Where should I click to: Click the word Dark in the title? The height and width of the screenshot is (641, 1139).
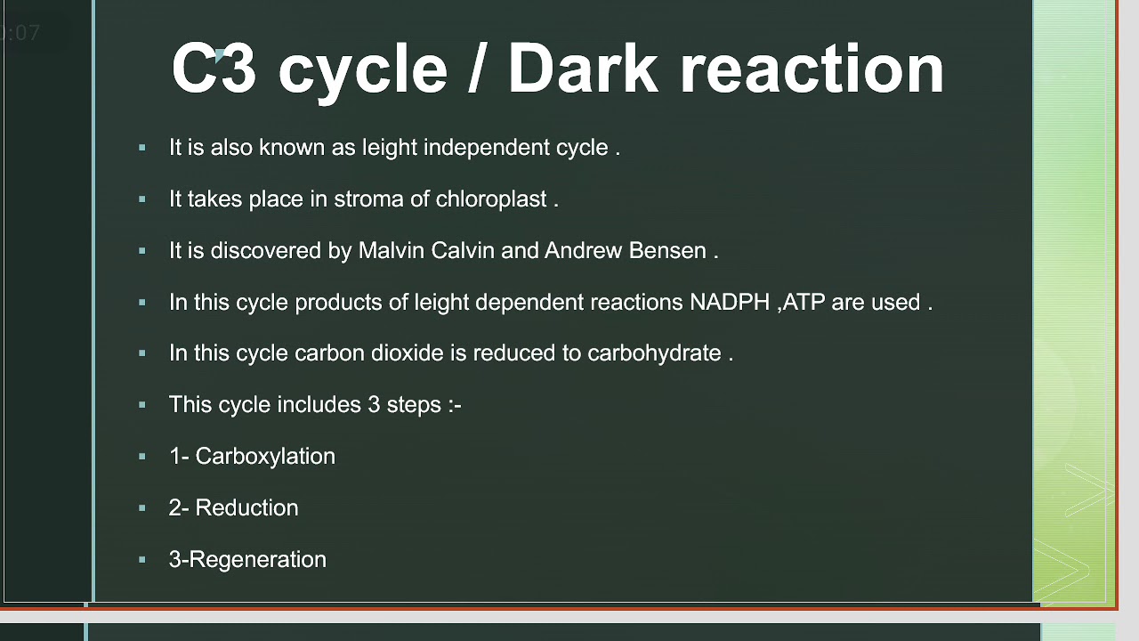pos(582,69)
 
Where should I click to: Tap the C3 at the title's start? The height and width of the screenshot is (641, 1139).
pos(214,69)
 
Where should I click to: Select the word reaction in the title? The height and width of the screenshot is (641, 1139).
pos(812,69)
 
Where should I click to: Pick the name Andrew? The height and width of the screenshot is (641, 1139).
pos(583,251)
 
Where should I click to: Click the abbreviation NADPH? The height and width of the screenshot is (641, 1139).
pos(730,303)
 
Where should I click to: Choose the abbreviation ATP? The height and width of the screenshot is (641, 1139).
pos(804,303)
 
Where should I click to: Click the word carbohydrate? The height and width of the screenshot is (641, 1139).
pos(654,353)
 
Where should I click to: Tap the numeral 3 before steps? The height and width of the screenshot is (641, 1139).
pos(374,405)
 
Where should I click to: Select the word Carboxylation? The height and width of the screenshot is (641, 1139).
pos(265,457)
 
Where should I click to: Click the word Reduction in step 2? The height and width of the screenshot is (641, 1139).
pos(246,508)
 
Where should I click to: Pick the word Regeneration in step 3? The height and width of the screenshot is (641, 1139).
pos(258,560)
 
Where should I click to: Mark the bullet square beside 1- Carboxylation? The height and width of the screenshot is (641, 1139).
pos(142,457)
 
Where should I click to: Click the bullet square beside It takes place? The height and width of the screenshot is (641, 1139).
pos(142,199)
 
